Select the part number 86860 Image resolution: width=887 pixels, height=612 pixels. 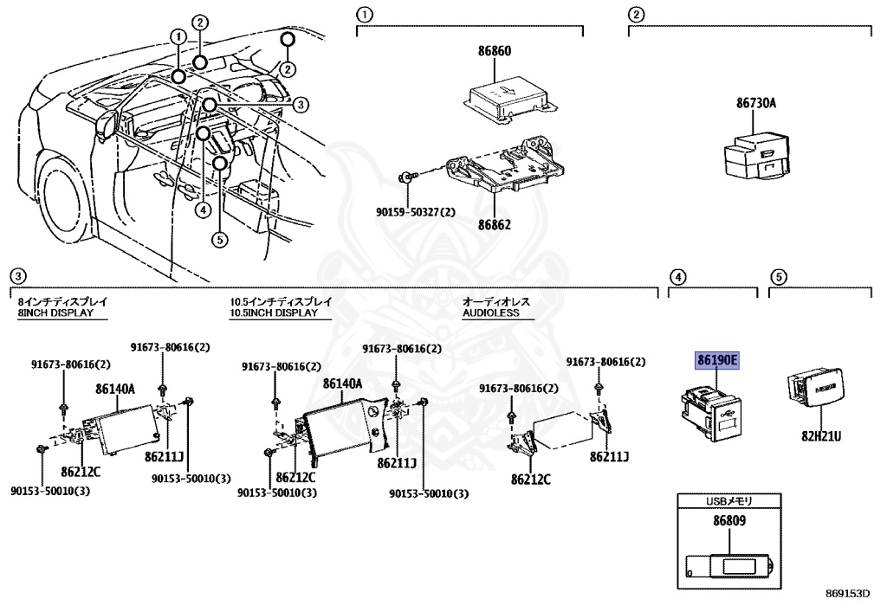pos(495,51)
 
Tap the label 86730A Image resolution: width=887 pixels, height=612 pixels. pos(756,103)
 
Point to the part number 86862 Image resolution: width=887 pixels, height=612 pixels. pos(493,224)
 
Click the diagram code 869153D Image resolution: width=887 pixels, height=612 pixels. pos(847,595)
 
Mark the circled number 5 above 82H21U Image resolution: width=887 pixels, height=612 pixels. pos(779,277)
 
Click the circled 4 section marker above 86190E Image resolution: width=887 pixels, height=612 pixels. pos(679,277)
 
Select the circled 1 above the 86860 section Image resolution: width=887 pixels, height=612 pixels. pos(365,15)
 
